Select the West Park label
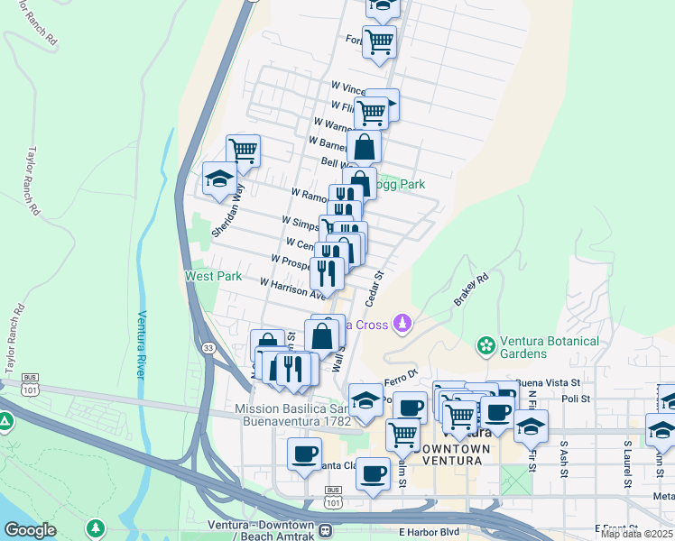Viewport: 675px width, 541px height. [213, 276]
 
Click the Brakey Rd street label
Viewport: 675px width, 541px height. [471, 290]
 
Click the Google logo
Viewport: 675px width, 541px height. [30, 530]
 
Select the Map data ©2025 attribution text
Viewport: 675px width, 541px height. [637, 534]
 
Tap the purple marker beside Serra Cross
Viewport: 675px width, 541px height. [404, 323]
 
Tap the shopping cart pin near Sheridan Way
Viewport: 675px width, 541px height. [243, 150]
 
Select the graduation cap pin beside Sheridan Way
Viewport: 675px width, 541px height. [219, 178]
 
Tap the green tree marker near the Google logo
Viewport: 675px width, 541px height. [94, 527]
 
